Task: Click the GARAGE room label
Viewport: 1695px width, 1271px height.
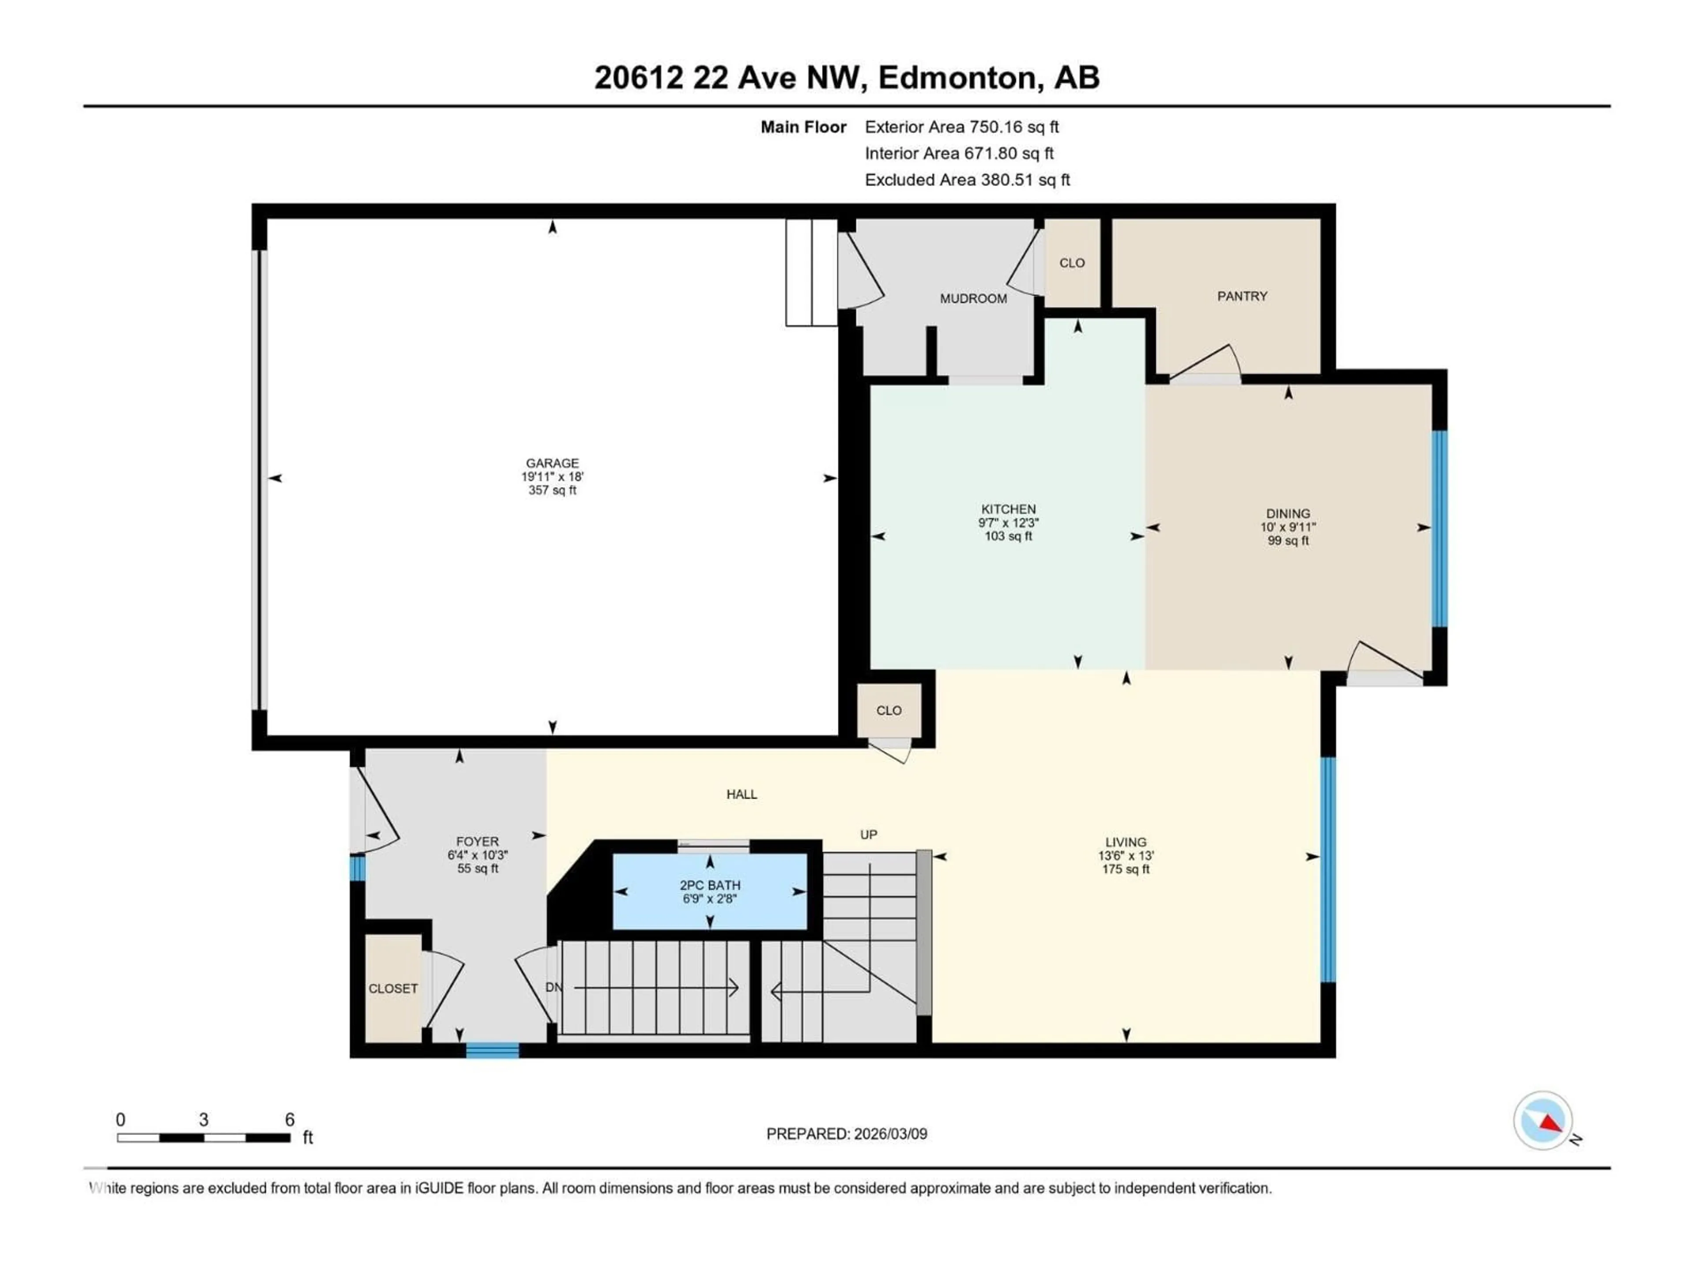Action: pyautogui.click(x=552, y=463)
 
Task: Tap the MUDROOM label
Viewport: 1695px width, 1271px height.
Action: pyautogui.click(x=973, y=299)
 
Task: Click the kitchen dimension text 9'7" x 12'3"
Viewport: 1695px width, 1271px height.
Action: pyautogui.click(x=1009, y=523)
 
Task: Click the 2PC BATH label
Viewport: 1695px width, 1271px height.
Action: pyautogui.click(x=710, y=885)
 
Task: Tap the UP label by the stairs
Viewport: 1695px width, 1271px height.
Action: pyautogui.click(x=868, y=834)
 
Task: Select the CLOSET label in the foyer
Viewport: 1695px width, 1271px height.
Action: pyautogui.click(x=393, y=988)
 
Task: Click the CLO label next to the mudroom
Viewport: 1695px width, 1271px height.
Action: pyautogui.click(x=1072, y=263)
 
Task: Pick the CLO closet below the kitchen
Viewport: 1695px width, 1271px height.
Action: pyautogui.click(x=889, y=710)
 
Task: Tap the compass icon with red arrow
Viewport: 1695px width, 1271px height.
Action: pyautogui.click(x=1543, y=1120)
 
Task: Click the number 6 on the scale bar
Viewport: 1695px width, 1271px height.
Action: pyautogui.click(x=290, y=1119)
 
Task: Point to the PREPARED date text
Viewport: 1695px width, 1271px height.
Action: pyautogui.click(x=847, y=1134)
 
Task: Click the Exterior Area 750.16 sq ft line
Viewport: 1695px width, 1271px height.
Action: pyautogui.click(x=962, y=127)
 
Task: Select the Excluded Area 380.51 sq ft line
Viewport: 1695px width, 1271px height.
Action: pyautogui.click(x=967, y=180)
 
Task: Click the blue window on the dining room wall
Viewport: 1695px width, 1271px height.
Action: pyautogui.click(x=1440, y=529)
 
